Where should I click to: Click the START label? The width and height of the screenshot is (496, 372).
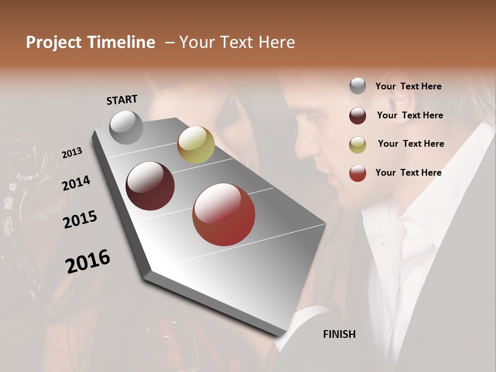click(122, 100)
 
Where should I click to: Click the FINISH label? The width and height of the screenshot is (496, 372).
click(339, 334)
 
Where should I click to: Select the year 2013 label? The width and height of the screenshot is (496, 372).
click(72, 153)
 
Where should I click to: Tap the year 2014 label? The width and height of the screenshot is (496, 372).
click(76, 183)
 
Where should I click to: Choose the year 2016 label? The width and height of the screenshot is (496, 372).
click(88, 261)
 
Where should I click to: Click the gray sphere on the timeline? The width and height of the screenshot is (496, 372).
click(127, 127)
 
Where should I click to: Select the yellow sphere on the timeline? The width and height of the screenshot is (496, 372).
click(196, 144)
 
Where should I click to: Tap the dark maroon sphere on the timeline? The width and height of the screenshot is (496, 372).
click(150, 186)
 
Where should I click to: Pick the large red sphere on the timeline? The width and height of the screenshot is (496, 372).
click(224, 214)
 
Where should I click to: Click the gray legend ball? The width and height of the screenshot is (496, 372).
click(358, 86)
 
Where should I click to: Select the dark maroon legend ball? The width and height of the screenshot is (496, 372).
click(358, 116)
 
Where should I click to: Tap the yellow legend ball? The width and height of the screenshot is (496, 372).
click(358, 145)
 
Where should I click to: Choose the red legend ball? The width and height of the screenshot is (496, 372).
click(358, 173)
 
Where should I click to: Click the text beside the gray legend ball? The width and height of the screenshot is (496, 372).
click(408, 86)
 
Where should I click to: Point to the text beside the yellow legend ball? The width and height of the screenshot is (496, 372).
click(411, 144)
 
